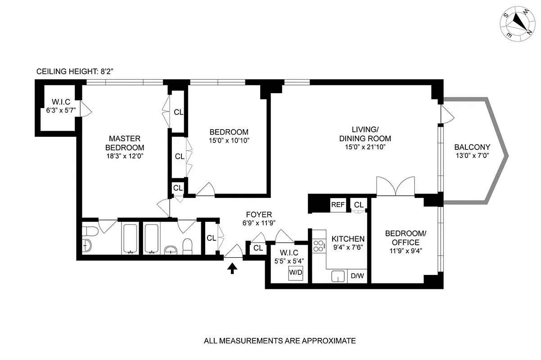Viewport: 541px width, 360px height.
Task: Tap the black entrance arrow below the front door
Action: (232, 269)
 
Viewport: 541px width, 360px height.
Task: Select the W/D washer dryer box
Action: (295, 273)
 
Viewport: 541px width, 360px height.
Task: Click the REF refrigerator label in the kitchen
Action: (338, 205)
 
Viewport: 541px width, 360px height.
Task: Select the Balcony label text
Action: (472, 147)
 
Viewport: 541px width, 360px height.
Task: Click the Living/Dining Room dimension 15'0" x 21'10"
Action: (365, 147)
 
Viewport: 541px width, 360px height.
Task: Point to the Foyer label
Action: (259, 215)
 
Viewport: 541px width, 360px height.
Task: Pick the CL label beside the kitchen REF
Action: (358, 205)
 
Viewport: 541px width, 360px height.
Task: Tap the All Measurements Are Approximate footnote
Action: (280, 341)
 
